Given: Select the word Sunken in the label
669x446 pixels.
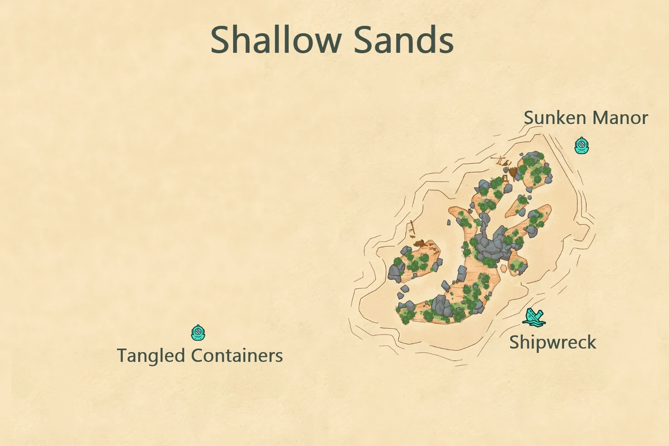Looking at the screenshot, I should [x=555, y=118].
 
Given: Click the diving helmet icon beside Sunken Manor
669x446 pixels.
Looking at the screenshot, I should [x=581, y=146].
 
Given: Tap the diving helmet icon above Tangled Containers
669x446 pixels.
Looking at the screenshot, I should [x=198, y=333].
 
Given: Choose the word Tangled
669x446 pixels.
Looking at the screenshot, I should [x=151, y=355].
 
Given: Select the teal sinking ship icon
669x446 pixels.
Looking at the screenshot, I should [x=534, y=317].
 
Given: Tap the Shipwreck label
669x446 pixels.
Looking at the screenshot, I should [x=552, y=342].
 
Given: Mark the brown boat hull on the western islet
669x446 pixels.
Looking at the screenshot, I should [x=423, y=244].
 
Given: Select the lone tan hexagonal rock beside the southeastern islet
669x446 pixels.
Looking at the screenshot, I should [x=504, y=268].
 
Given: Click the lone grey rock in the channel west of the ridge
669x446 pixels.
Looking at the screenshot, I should [x=449, y=222].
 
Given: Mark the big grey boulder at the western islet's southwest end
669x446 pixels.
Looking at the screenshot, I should [x=396, y=272].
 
